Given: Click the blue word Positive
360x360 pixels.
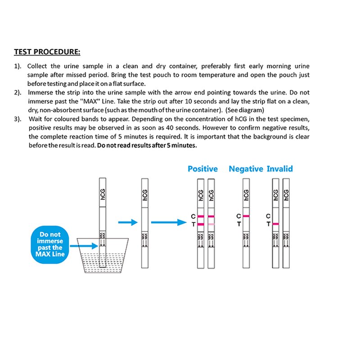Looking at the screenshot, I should (x=202, y=169).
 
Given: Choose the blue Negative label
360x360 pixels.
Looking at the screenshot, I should (x=246, y=169).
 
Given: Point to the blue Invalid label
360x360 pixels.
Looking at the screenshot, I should (x=279, y=169).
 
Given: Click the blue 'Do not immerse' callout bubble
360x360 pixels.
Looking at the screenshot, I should (x=50, y=244).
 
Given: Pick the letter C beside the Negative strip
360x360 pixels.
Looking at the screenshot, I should (x=238, y=216).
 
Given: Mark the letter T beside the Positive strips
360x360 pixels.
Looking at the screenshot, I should (x=192, y=224).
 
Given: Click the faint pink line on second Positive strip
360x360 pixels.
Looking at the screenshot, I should (x=211, y=224).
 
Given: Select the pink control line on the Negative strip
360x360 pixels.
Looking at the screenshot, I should (x=246, y=216).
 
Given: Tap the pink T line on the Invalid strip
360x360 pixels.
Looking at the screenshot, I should (x=275, y=224).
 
